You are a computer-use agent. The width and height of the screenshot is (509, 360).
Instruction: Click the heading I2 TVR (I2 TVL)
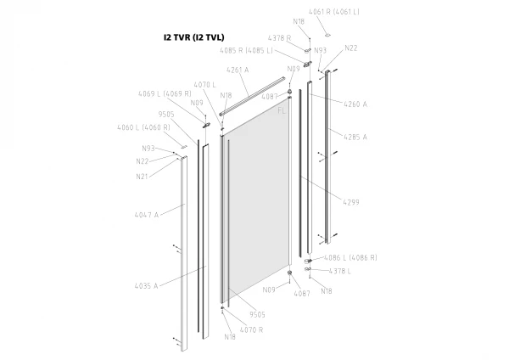point(193,37)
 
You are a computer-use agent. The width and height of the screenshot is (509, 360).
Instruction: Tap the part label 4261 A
point(238,70)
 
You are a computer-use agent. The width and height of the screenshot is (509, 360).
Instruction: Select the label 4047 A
point(147,215)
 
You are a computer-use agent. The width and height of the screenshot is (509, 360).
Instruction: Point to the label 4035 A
point(146,286)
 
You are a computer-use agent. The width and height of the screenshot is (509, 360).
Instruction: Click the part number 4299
point(351,202)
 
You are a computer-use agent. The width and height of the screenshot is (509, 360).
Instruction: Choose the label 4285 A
point(355,137)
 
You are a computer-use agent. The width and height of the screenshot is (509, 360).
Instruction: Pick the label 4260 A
point(355,104)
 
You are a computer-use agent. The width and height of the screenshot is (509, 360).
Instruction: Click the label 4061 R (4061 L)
point(334,12)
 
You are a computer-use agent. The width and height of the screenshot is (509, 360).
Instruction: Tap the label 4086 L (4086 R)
point(351,257)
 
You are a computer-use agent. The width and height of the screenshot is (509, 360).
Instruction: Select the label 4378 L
point(340,271)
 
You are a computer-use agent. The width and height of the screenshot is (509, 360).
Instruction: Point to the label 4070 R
point(252,329)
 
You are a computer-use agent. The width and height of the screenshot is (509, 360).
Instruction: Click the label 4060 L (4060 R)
point(143,127)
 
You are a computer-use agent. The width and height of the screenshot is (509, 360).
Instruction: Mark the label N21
point(142,177)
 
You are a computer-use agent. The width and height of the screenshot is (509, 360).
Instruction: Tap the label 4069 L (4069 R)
point(165,93)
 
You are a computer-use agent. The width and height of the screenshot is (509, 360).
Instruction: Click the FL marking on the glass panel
point(282,110)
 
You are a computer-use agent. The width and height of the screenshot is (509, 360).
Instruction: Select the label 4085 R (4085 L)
point(246,51)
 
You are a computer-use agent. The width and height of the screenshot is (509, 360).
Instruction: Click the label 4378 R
point(279,38)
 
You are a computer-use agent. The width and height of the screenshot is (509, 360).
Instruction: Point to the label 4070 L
point(204,85)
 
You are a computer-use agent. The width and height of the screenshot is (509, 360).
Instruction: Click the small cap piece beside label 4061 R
point(327,35)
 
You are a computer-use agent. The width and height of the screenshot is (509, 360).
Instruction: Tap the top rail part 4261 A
point(252,96)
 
